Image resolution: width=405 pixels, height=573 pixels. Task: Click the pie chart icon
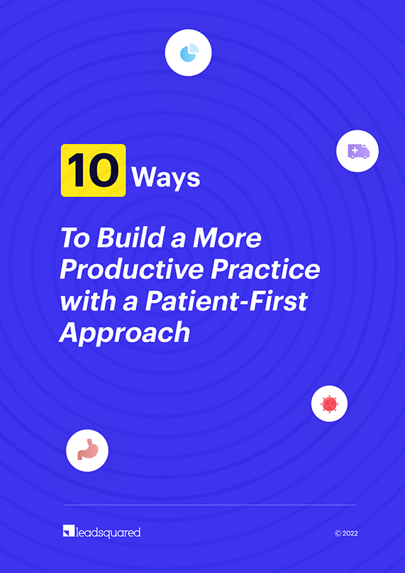pyautogui.click(x=189, y=52)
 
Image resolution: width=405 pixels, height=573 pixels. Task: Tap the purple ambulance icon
pyautogui.click(x=358, y=151)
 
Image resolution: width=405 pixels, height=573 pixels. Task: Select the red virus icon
pyautogui.click(x=329, y=404)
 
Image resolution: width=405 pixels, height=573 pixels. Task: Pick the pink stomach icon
pyautogui.click(x=87, y=450)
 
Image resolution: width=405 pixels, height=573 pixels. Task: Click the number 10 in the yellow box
pyautogui.click(x=93, y=171)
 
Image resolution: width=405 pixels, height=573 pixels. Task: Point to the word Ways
pyautogui.click(x=166, y=178)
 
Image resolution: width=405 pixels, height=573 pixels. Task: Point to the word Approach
pyautogui.click(x=125, y=333)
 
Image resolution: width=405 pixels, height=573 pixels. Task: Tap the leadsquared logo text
pyautogui.click(x=108, y=533)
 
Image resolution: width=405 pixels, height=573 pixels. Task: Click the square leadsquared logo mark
pyautogui.click(x=69, y=532)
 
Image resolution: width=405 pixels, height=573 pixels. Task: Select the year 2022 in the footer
pyautogui.click(x=350, y=533)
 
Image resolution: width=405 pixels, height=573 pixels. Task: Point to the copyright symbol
pyautogui.click(x=338, y=533)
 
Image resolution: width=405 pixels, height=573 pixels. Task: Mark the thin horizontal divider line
pyautogui.click(x=209, y=505)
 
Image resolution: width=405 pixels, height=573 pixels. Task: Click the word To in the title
pyautogui.click(x=75, y=238)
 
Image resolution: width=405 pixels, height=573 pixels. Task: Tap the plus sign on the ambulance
pyautogui.click(x=354, y=150)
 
